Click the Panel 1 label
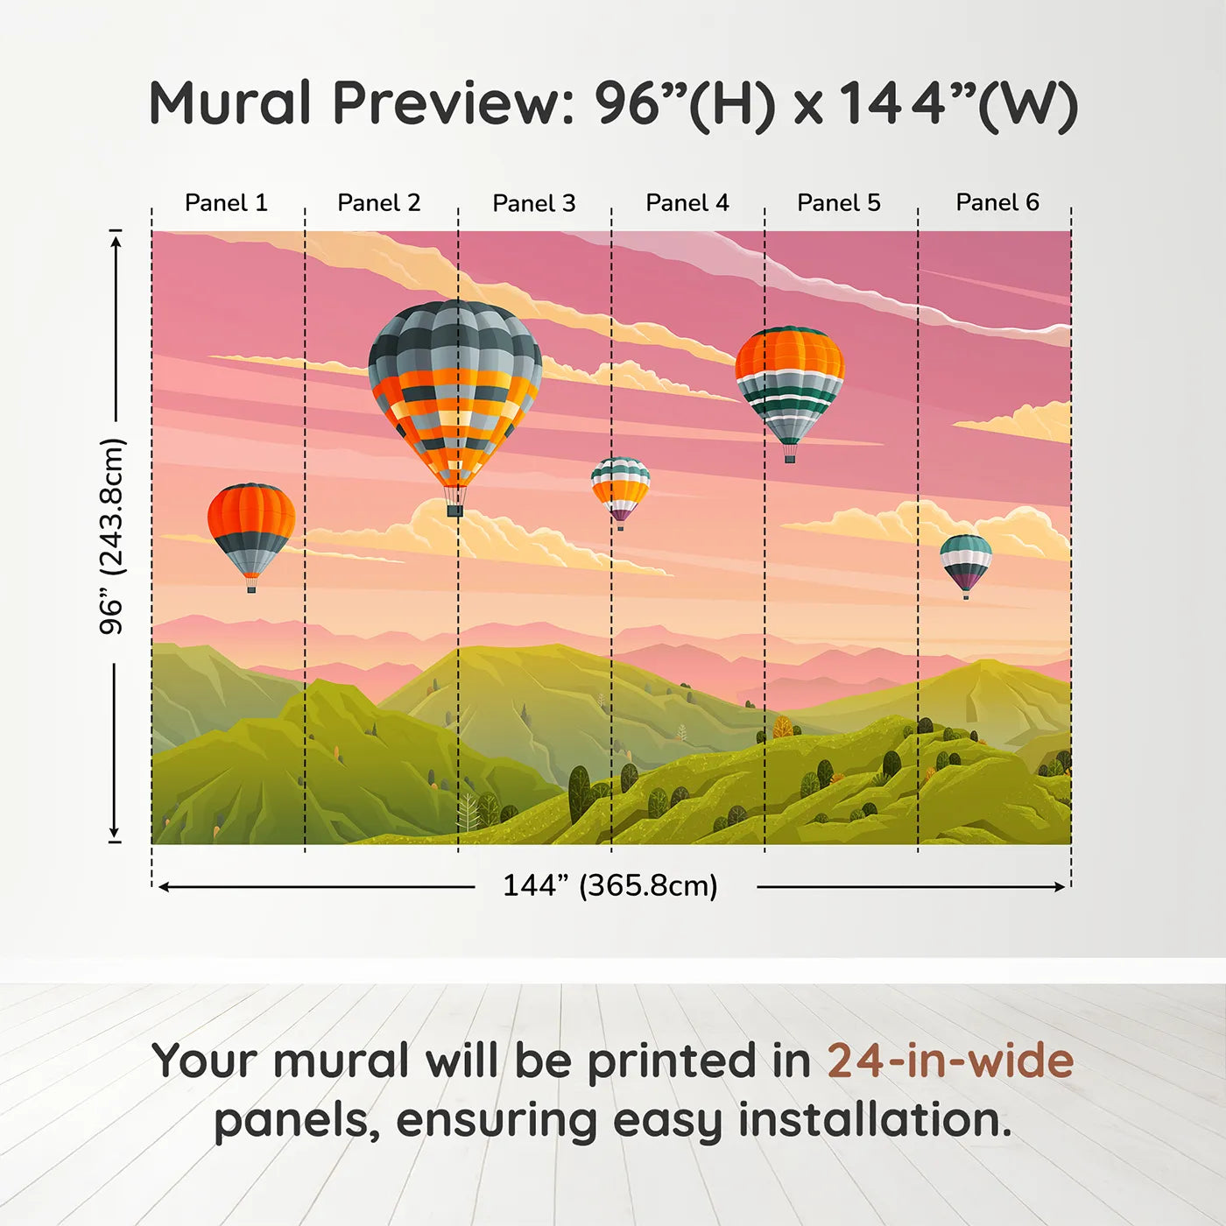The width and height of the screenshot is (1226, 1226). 226,203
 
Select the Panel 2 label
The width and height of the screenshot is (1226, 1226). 379,203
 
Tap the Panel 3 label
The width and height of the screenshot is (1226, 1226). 534,204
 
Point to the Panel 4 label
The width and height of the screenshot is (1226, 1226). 687,203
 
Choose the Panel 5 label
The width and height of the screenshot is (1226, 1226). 839,203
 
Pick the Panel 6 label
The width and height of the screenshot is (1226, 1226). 997,203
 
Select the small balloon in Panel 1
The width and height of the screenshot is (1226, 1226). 251,530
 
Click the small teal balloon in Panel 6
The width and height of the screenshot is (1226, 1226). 966,561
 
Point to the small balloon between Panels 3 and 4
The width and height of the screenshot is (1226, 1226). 620,489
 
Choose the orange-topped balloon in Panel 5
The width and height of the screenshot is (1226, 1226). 790,385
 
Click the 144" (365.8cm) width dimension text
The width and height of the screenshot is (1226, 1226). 610,885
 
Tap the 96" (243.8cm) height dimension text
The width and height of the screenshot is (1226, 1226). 112,536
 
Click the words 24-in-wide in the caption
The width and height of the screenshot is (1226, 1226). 950,1061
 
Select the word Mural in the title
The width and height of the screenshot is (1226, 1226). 230,103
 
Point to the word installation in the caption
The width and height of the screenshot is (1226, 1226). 874,1120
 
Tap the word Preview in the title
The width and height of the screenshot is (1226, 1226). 452,103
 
